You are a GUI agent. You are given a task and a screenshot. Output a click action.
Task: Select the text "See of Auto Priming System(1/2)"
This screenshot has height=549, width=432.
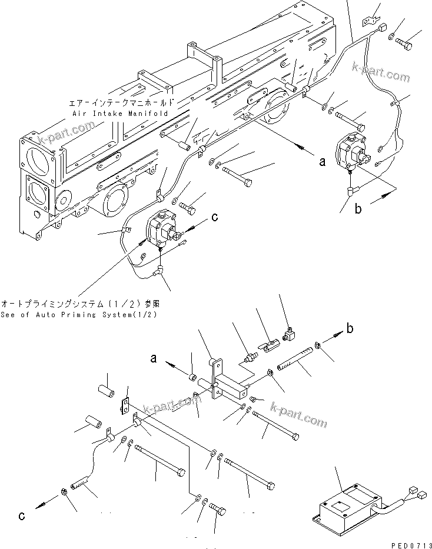point(79,314)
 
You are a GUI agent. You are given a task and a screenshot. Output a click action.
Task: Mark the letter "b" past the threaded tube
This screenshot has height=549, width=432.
point(350,328)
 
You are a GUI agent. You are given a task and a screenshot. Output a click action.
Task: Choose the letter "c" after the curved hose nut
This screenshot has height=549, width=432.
point(22,517)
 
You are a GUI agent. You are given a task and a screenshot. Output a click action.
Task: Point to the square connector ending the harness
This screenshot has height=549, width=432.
point(383,28)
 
